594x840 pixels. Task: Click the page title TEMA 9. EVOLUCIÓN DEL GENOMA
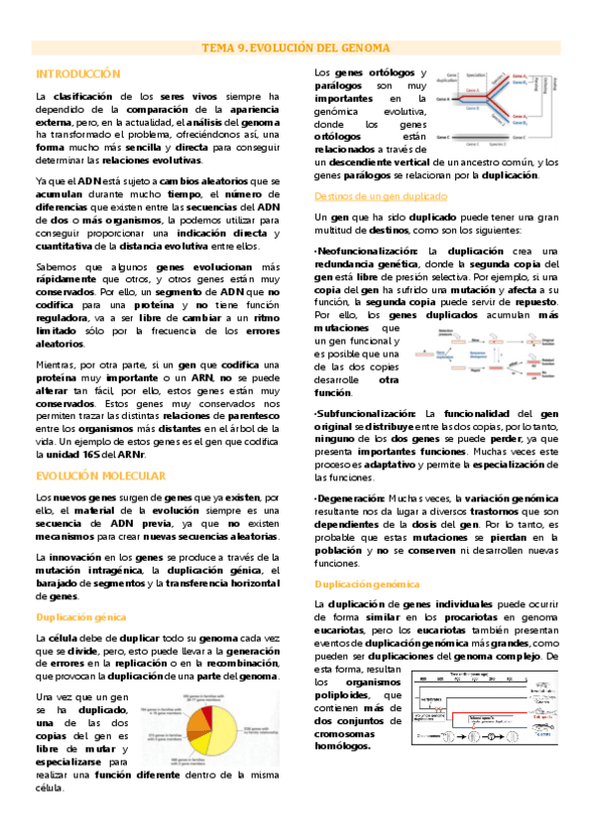pos(296,48)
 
